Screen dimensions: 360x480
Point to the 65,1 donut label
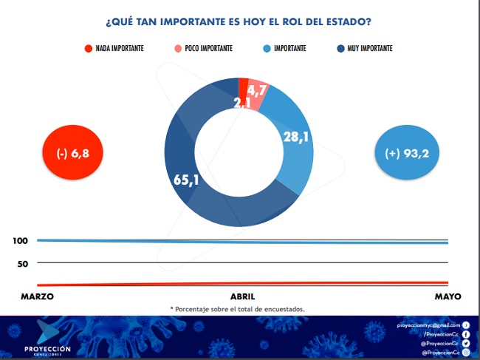tap(187, 180)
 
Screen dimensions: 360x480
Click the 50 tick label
tap(22, 263)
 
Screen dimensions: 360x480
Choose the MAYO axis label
tap(448, 296)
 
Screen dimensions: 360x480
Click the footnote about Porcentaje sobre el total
tap(238, 308)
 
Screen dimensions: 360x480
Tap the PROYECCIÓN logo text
tap(58, 347)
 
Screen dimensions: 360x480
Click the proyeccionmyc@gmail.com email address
tap(428, 325)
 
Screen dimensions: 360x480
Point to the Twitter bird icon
tap(466, 344)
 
